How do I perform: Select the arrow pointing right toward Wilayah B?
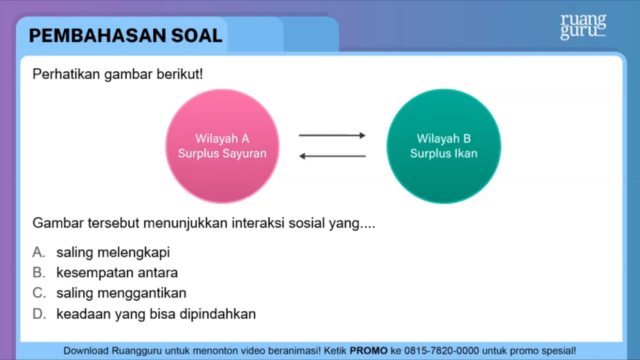pyautogui.click(x=332, y=135)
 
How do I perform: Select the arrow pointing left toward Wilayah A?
pyautogui.click(x=332, y=156)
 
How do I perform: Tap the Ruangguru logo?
pyautogui.click(x=582, y=27)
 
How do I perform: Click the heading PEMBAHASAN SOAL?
pyautogui.click(x=126, y=36)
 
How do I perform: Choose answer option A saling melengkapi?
pyautogui.click(x=112, y=252)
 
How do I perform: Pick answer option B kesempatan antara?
pyautogui.click(x=117, y=272)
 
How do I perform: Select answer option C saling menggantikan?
pyautogui.click(x=121, y=292)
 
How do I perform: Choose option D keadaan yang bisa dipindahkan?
pyautogui.click(x=156, y=314)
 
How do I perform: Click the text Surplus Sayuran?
pyautogui.click(x=222, y=153)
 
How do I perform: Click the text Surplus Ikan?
pyautogui.click(x=444, y=153)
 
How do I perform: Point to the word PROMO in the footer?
pyautogui.click(x=369, y=351)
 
